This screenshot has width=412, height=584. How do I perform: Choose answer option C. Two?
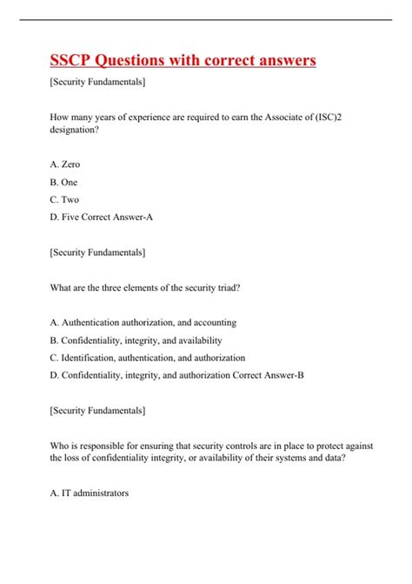(65, 200)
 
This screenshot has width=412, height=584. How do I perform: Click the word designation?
(76, 136)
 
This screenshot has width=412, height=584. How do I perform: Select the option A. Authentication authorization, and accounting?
(143, 321)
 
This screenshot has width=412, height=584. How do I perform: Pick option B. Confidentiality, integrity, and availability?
(136, 339)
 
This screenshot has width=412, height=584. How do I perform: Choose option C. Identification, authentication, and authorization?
(148, 358)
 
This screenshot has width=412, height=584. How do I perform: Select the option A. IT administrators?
(90, 493)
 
